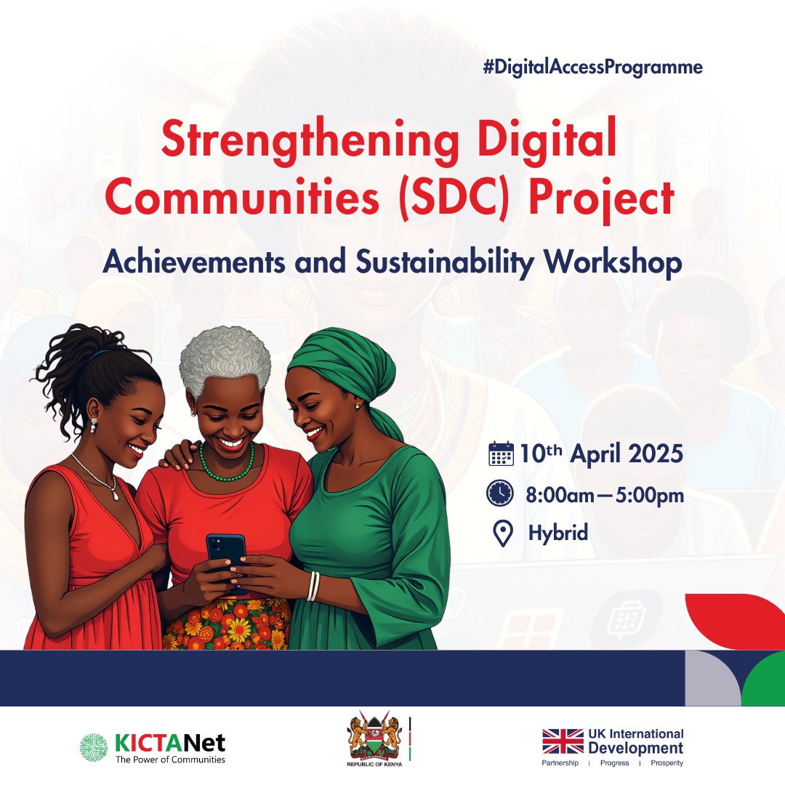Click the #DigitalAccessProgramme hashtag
(x=592, y=68)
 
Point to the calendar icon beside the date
(x=501, y=453)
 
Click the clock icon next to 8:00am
(x=500, y=494)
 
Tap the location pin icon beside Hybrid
(x=502, y=534)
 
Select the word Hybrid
(x=557, y=534)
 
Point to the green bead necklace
(x=227, y=466)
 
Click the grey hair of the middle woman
(x=225, y=355)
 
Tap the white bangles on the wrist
(x=313, y=585)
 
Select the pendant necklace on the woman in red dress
(x=114, y=494)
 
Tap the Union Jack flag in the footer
(x=563, y=741)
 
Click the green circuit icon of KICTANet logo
(x=94, y=747)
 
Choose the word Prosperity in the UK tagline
(x=667, y=763)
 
